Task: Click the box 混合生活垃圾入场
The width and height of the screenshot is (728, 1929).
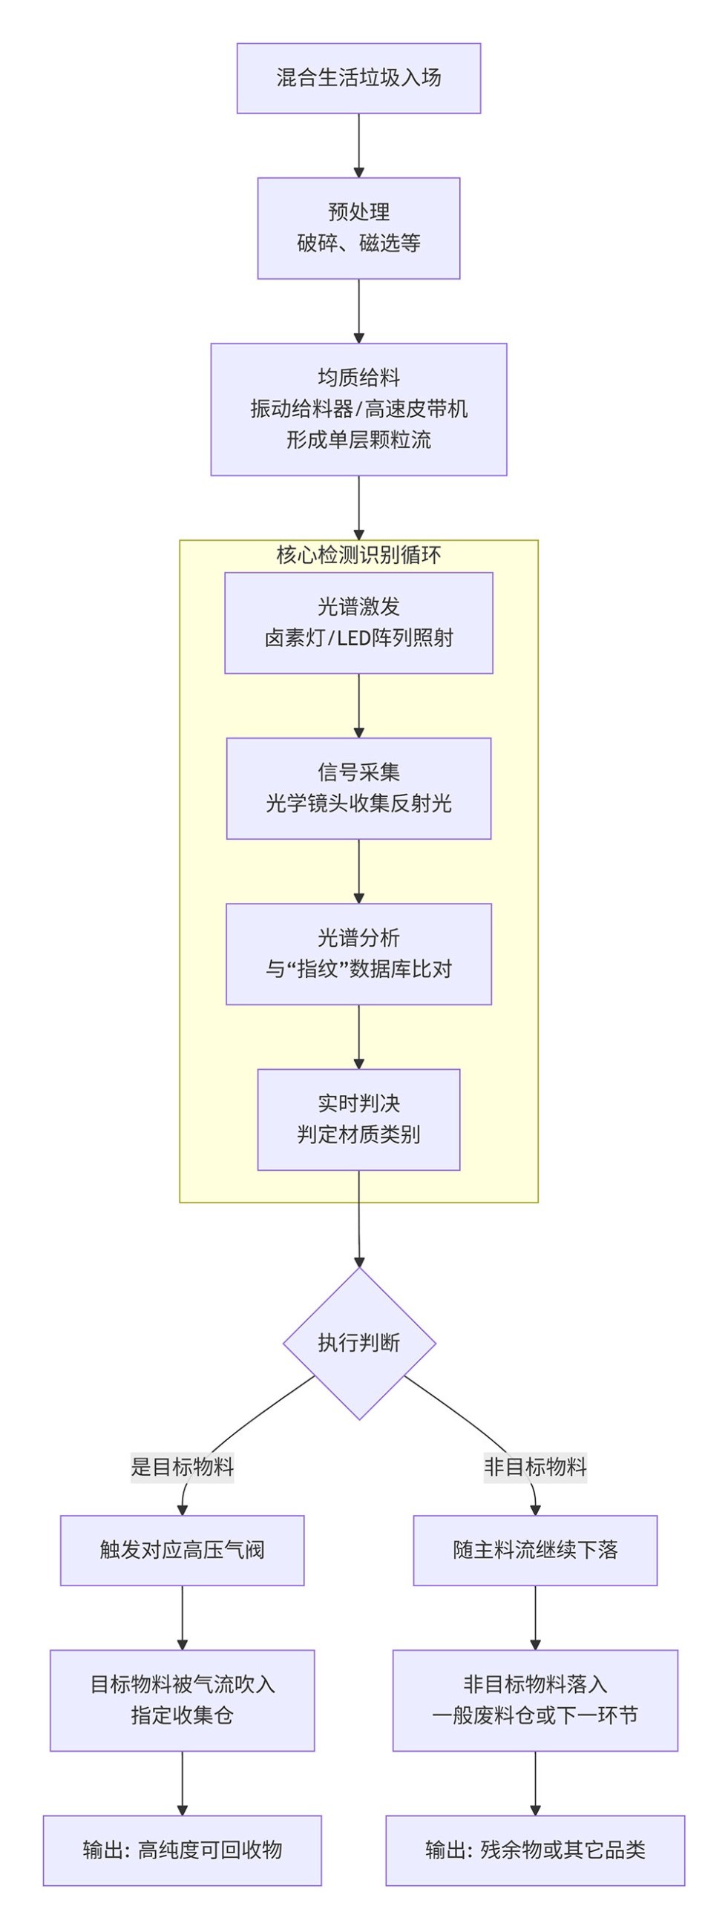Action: (x=358, y=78)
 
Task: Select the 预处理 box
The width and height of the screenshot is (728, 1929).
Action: (x=358, y=228)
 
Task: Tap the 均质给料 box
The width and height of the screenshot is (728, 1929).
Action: (x=358, y=409)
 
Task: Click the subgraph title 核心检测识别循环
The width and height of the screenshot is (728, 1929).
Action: (x=358, y=555)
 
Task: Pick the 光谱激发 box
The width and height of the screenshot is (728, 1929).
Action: (x=358, y=622)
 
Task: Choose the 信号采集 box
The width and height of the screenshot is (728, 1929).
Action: (x=358, y=788)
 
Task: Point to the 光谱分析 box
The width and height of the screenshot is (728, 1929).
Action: (x=358, y=953)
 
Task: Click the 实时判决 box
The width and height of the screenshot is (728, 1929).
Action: (x=358, y=1119)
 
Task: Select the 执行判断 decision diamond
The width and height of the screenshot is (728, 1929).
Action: (x=358, y=1343)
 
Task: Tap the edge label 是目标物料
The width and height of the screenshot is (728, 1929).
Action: (x=182, y=1466)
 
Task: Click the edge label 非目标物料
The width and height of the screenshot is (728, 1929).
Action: (x=535, y=1466)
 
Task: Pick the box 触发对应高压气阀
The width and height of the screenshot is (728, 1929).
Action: (x=182, y=1550)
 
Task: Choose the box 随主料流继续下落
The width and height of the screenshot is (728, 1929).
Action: (x=535, y=1550)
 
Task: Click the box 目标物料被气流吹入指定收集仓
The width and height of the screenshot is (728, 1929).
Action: (x=182, y=1700)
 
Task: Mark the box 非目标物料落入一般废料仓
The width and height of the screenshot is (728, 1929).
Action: (x=535, y=1700)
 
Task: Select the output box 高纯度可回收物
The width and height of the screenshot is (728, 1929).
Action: (x=182, y=1850)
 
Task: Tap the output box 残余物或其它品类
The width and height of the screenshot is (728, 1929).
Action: (x=535, y=1850)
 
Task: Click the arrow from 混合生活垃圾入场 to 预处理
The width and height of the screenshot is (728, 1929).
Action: (x=358, y=145)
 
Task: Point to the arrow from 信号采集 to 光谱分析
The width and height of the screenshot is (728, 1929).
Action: (x=358, y=871)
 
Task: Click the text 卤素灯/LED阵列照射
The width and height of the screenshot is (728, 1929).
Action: (x=358, y=638)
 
